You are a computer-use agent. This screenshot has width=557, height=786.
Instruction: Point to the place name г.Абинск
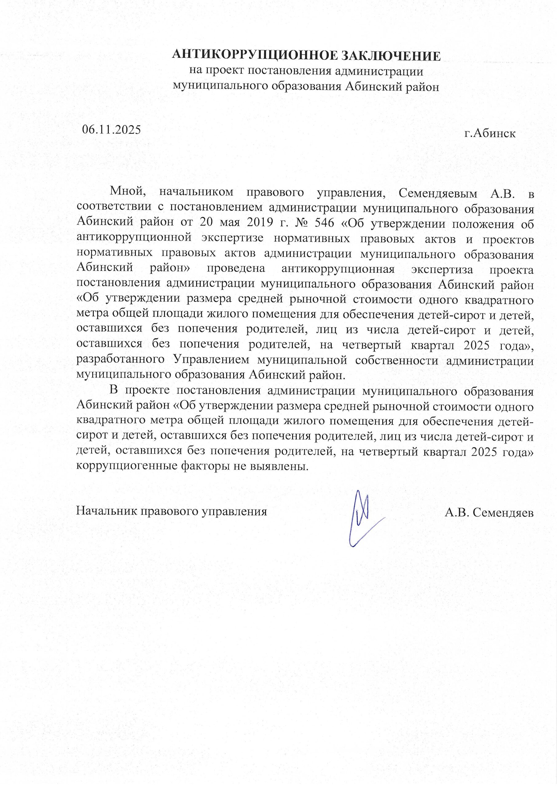(490, 133)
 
